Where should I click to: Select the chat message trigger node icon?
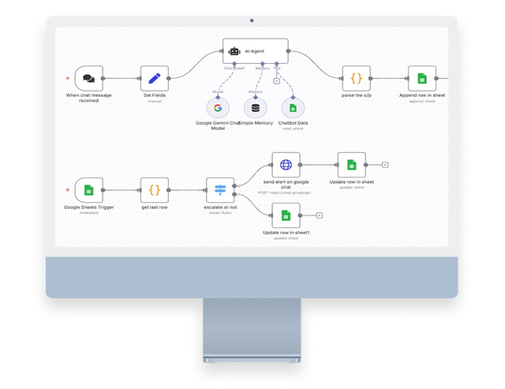(x=88, y=79)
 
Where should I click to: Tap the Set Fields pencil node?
(x=155, y=79)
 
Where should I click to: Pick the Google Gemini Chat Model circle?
(x=218, y=108)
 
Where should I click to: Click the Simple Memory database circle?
(x=255, y=108)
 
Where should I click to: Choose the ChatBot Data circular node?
(x=293, y=108)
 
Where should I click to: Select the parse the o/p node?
(x=356, y=79)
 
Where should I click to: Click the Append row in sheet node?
(x=423, y=79)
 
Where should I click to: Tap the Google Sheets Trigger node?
(x=88, y=190)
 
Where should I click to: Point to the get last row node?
(x=155, y=190)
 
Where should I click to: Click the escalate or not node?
(x=220, y=190)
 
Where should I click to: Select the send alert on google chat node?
(x=286, y=166)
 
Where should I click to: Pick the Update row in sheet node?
(x=351, y=166)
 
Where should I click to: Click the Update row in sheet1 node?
(x=286, y=215)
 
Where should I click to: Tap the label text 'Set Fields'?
(x=155, y=96)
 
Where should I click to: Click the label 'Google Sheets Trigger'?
(x=88, y=208)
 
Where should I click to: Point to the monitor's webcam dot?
(x=252, y=17)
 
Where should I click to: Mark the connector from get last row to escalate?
(x=188, y=190)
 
